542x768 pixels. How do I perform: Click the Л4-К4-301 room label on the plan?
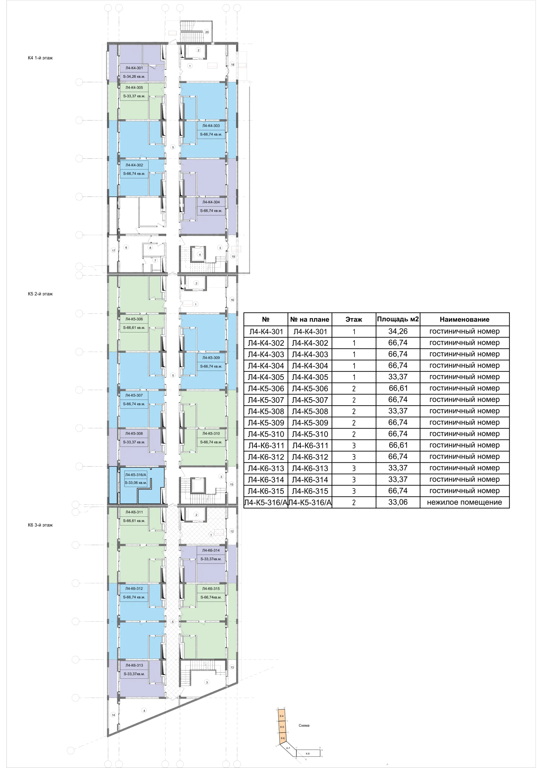134,68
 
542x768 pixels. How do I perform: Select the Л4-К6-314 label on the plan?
211,550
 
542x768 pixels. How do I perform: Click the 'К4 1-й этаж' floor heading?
40,58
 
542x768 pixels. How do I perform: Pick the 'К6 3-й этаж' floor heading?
40,525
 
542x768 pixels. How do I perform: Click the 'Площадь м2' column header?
398,319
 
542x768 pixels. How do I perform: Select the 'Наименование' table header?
464,319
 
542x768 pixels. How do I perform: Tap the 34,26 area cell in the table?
398,331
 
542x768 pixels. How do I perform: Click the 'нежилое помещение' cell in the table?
464,502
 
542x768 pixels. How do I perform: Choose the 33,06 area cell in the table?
398,502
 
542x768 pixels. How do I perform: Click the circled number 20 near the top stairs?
207,32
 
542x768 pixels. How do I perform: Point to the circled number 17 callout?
113,250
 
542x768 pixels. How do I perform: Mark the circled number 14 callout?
113,715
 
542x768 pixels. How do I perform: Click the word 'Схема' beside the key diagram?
304,725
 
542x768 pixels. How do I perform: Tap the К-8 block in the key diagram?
308,754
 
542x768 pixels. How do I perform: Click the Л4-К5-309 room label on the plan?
211,358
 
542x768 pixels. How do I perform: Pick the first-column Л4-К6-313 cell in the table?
266,468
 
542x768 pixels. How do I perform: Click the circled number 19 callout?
233,257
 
